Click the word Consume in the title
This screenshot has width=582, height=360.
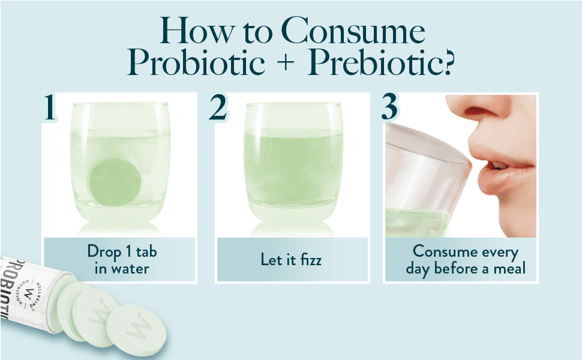(353, 31)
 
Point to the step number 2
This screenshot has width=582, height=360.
(218, 107)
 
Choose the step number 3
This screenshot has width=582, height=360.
(390, 107)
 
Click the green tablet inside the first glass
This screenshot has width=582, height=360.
(115, 182)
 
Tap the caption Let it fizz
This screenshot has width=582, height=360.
(291, 259)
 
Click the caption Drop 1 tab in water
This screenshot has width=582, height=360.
(122, 259)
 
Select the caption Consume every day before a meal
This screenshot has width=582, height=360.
(466, 259)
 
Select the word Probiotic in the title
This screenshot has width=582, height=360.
(196, 62)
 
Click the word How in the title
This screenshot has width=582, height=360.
(198, 31)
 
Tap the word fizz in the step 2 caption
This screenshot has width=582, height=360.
(311, 259)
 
